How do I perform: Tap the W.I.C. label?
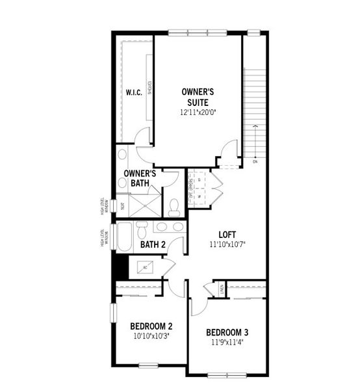coord(133,92)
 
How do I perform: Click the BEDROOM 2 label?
coord(151,326)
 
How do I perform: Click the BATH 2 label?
coord(153,244)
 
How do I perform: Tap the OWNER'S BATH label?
coord(140,179)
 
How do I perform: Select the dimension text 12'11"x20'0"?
coord(198,112)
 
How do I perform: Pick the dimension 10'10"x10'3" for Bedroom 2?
coord(151,337)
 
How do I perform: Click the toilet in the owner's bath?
coord(174,207)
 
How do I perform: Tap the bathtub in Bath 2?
coord(124,238)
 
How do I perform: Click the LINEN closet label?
coord(221,288)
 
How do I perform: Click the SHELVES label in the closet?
coord(149,88)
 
